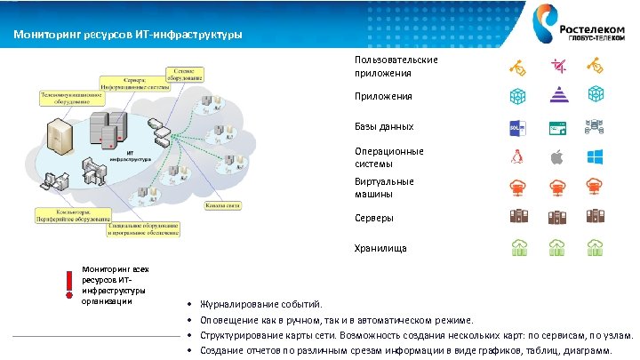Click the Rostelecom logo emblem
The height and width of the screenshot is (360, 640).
click(543, 20)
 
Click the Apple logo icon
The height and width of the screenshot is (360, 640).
click(558, 157)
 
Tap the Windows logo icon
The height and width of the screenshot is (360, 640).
click(596, 157)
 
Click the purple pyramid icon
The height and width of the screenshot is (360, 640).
click(558, 95)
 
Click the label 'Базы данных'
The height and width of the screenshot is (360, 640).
click(383, 127)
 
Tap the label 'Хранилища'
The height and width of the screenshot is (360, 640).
click(380, 249)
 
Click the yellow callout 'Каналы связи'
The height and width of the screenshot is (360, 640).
click(222, 206)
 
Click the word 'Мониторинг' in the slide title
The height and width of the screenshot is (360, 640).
click(42, 36)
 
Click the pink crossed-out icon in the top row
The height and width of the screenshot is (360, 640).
click(558, 65)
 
